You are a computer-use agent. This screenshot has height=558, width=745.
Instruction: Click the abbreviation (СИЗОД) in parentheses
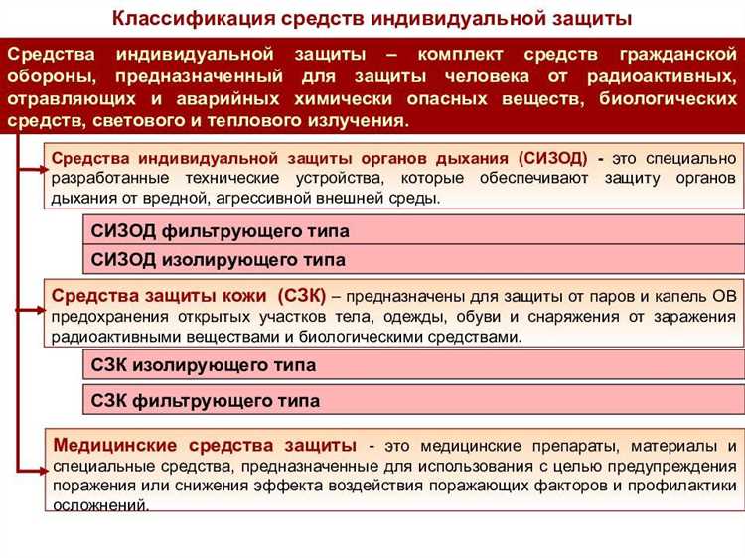(551, 158)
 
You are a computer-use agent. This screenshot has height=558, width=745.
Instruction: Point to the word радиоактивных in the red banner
(671, 74)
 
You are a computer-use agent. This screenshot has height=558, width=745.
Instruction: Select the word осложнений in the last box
(100, 504)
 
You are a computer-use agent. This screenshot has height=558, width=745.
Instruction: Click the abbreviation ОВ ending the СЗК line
(724, 296)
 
